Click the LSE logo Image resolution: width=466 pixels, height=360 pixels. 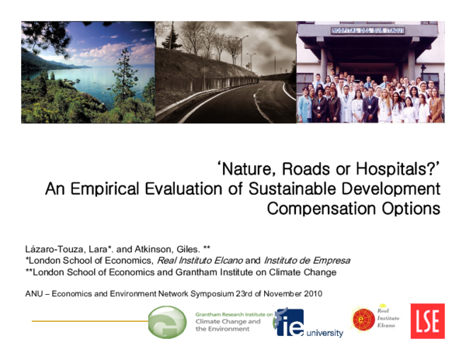427,321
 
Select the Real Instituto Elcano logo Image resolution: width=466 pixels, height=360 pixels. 373,319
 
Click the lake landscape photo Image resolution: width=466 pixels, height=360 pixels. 88,71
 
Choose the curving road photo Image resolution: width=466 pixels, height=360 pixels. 225,71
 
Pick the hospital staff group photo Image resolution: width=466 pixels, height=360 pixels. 370,71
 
